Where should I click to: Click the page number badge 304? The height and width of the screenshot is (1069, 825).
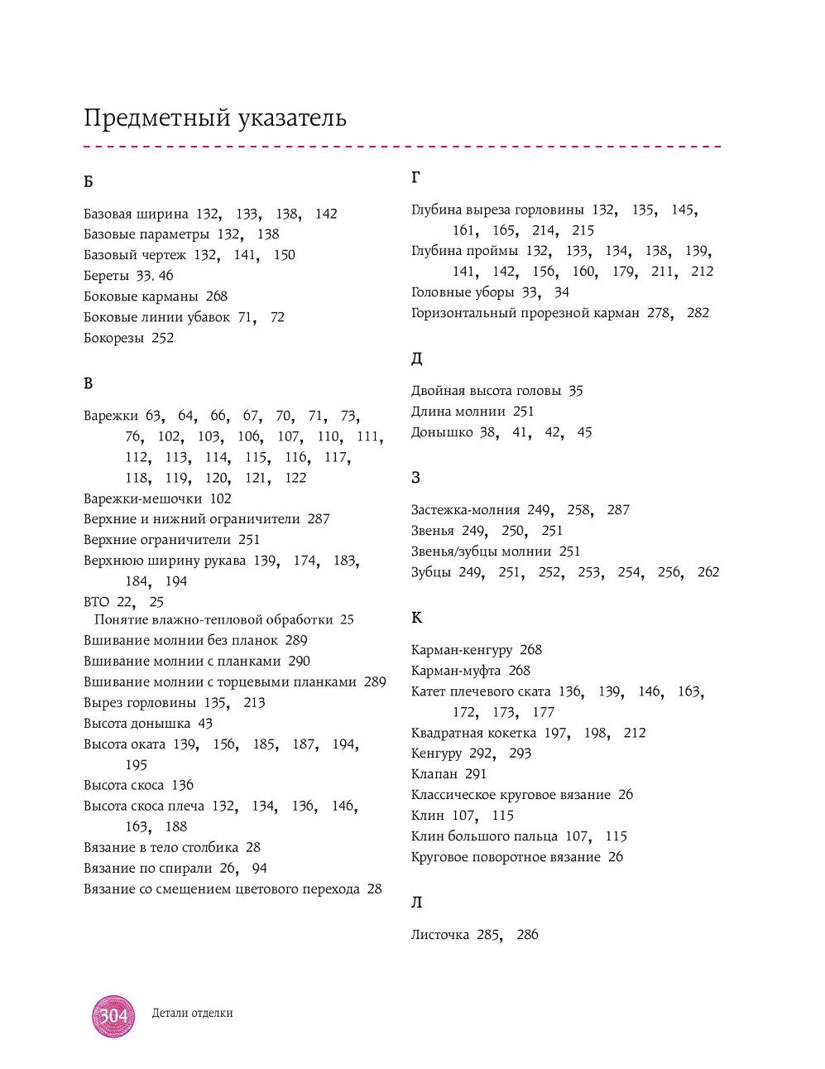(x=113, y=1015)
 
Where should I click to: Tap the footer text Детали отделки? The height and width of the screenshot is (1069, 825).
(x=192, y=1013)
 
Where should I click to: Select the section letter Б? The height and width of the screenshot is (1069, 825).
(x=89, y=181)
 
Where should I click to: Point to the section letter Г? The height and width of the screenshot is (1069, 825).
(x=416, y=177)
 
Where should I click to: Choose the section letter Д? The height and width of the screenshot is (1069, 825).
(x=417, y=359)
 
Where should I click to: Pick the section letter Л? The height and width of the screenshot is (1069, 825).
(x=417, y=903)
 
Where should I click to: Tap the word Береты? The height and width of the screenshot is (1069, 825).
(x=106, y=276)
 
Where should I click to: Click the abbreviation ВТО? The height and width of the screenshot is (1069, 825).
(x=96, y=602)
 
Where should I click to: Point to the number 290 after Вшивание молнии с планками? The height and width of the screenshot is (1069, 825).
(x=299, y=661)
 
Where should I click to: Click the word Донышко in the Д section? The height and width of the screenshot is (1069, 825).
(x=442, y=432)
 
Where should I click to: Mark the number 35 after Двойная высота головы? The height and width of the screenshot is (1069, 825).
(x=576, y=391)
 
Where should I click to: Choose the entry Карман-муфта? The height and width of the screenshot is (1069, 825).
(x=456, y=671)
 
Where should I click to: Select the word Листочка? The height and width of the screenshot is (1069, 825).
(x=440, y=935)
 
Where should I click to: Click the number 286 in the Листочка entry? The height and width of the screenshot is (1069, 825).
(x=527, y=935)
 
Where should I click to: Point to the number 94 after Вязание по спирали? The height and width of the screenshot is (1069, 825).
(x=259, y=869)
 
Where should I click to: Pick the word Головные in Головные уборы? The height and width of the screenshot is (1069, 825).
(x=439, y=292)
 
